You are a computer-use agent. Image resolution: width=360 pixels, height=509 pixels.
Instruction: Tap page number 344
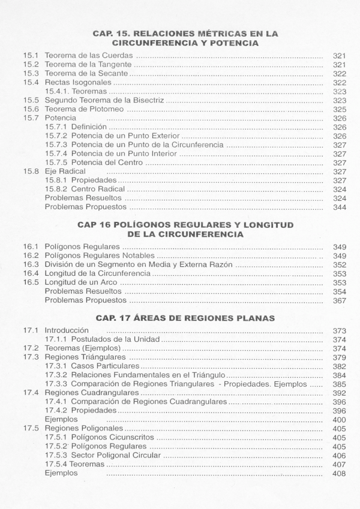pyautogui.click(x=340, y=207)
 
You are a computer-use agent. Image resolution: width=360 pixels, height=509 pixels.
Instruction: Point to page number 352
pyautogui.click(x=340, y=264)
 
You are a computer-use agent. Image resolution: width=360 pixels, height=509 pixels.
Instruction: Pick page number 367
pyautogui.click(x=340, y=300)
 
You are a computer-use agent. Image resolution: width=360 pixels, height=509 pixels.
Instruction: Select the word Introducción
pyautogui.click(x=67, y=330)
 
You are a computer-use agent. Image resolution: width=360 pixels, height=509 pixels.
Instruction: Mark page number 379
pyautogui.click(x=340, y=357)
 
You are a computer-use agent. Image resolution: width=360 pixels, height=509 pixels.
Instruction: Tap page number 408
pyautogui.click(x=340, y=474)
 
